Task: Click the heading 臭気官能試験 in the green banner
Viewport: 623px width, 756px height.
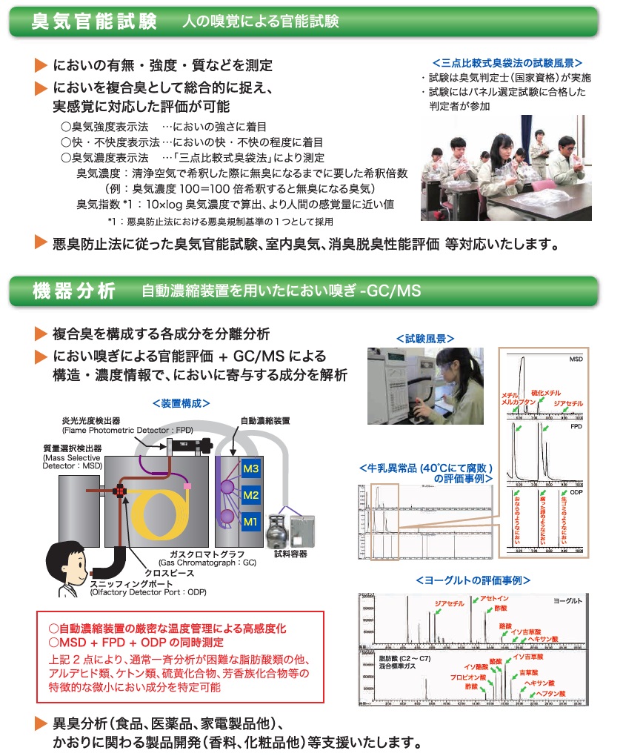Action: pos(94,21)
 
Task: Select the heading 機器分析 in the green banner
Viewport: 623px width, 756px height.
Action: pos(73,291)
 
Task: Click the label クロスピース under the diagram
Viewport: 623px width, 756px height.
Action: pos(181,573)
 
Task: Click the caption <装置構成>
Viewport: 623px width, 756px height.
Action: pos(180,403)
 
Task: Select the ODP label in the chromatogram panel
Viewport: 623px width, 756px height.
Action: pos(577,492)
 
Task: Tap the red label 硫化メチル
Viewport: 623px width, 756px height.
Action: pos(546,392)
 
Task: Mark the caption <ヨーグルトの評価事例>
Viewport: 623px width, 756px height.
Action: pos(473,580)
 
